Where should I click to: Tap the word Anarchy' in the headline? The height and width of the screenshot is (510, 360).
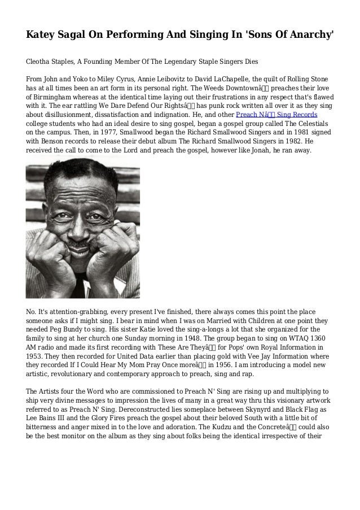pyautogui.click(x=308, y=34)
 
